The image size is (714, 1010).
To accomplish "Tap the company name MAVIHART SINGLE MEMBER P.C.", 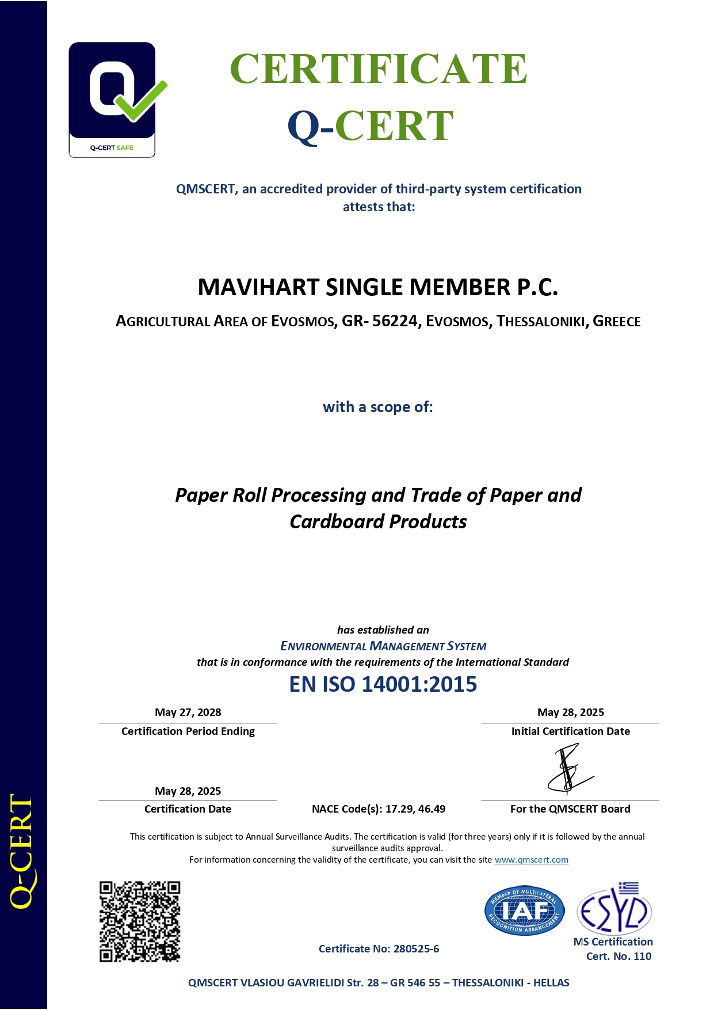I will (x=377, y=287).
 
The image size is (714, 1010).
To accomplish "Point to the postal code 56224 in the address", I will (x=395, y=321).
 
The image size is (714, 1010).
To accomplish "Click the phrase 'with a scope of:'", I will (x=377, y=407).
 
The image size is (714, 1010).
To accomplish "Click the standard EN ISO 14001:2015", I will (x=383, y=684).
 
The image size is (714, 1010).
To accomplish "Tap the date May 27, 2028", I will (x=188, y=712).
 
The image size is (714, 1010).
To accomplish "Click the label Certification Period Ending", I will (x=188, y=731).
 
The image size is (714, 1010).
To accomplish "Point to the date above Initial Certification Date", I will (x=570, y=712).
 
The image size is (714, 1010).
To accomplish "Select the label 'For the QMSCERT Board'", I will (x=570, y=809).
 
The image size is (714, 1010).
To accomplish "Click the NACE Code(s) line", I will (x=378, y=809).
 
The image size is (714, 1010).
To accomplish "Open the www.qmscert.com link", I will (x=531, y=860).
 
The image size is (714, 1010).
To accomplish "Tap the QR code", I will (x=140, y=921).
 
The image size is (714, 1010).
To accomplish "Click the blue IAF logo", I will (x=524, y=910).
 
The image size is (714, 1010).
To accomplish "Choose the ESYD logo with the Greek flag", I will (x=614, y=909).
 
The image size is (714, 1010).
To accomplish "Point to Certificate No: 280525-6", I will (x=379, y=949).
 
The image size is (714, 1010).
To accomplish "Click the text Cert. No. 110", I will (x=618, y=956).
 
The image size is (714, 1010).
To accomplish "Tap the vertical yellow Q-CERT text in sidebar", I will (x=22, y=851).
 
